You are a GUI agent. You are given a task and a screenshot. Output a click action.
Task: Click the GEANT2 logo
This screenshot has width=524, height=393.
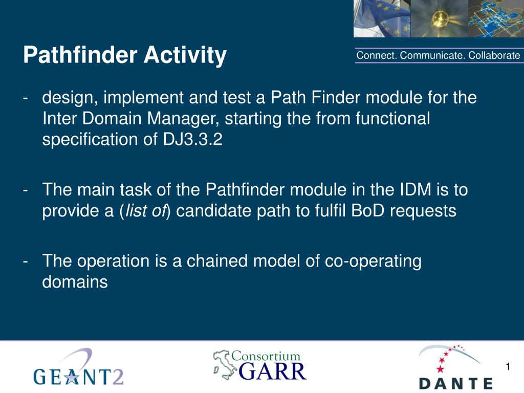coord(78,369)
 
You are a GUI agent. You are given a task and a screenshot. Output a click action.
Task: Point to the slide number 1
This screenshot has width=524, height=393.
coord(508,366)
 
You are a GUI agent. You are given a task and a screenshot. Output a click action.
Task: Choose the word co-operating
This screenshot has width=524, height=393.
coord(373,261)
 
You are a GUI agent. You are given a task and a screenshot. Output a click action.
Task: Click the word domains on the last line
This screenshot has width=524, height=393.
coord(75,281)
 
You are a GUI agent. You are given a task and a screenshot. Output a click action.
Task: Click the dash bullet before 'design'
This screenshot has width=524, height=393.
coord(26,97)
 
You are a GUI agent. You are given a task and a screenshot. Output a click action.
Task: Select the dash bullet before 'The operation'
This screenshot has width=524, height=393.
coord(26,261)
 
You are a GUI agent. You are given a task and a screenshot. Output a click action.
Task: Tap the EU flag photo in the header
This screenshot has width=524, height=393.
coord(382,18)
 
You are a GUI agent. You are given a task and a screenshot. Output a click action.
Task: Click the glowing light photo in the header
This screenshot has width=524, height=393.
coord(439,18)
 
